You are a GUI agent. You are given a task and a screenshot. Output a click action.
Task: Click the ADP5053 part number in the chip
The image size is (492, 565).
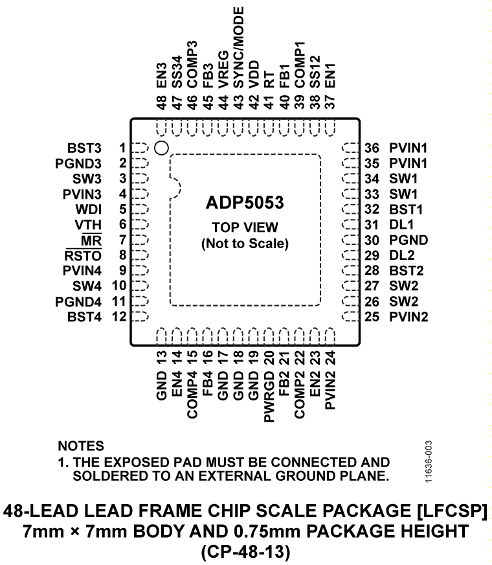click(x=245, y=202)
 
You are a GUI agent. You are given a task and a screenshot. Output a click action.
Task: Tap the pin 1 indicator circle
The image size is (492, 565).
click(x=162, y=148)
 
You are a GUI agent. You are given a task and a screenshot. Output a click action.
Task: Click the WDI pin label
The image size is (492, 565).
click(x=98, y=209)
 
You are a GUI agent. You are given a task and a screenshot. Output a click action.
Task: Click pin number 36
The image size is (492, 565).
click(x=372, y=148)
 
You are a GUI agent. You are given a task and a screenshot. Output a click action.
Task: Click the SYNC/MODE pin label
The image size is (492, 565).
click(x=238, y=48)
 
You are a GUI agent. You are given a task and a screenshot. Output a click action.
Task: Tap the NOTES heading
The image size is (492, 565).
click(x=80, y=446)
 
